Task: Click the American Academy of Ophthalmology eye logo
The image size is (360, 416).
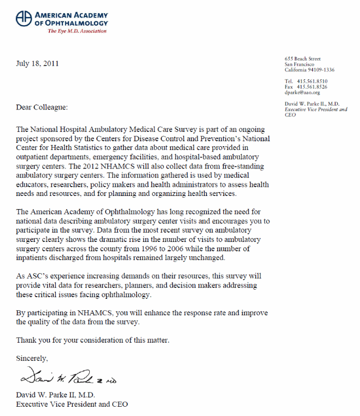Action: click(24, 19)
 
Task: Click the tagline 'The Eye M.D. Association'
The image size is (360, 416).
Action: click(77, 31)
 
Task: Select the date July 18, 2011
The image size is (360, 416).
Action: click(38, 63)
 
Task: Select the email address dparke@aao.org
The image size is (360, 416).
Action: click(302, 93)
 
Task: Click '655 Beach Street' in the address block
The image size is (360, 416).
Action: click(303, 59)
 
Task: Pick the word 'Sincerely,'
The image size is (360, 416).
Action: click(32, 359)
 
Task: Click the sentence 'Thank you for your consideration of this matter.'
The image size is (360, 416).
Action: click(92, 340)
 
